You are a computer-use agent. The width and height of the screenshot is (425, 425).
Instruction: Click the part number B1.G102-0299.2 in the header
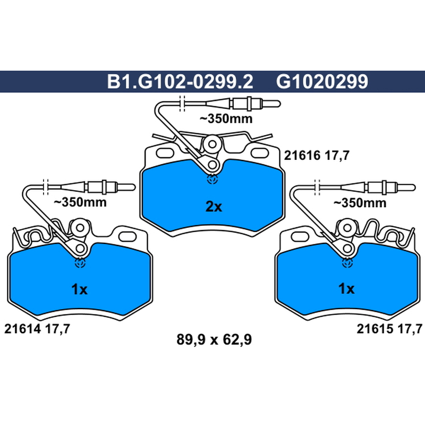pos(180,81)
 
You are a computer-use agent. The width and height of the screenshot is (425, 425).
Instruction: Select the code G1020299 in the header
pos(322,81)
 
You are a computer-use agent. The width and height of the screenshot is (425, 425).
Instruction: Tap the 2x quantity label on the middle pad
pos(214,207)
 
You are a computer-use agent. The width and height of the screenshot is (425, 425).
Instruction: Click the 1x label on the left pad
pos(79,290)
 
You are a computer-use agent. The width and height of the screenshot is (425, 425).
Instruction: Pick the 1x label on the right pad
pos(346,289)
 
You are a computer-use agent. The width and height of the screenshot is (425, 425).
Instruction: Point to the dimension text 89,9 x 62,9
pos(214,339)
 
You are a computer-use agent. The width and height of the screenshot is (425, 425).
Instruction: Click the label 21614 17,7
pos(37,329)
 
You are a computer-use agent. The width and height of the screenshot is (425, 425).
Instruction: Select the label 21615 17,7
pos(389,329)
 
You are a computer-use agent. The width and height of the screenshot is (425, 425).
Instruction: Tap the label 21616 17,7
pos(317,156)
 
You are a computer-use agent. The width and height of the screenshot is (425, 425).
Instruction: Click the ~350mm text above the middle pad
pos(226,118)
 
